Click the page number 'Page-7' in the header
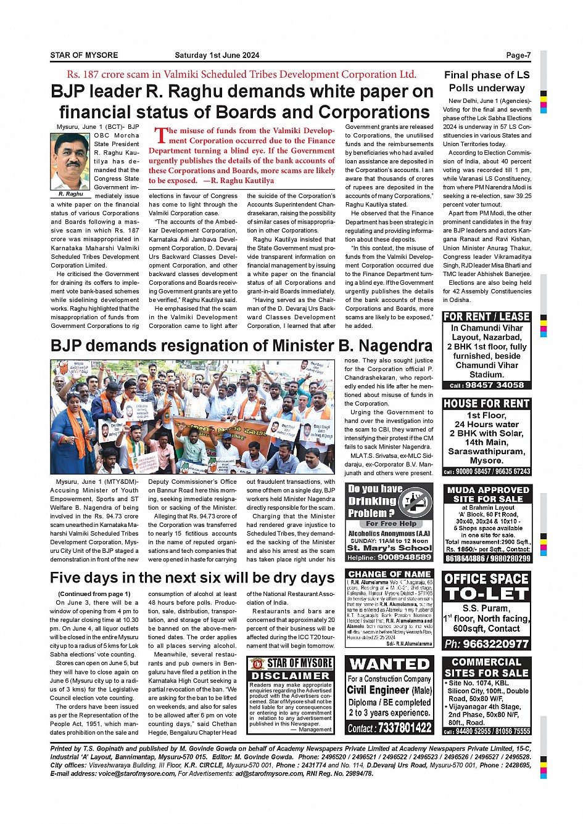(518, 55)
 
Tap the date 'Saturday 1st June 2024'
(217, 55)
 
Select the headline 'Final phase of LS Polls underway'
(487, 81)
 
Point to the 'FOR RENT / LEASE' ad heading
(487, 317)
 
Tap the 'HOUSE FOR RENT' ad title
(487, 404)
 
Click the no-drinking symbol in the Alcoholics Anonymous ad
(415, 502)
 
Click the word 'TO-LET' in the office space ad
(487, 594)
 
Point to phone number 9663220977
(487, 644)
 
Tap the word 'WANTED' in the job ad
(389, 664)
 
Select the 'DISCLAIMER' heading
(291, 676)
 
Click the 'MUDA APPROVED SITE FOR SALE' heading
(487, 494)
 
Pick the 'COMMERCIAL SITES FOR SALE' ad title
(487, 667)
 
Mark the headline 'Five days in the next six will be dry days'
(192, 578)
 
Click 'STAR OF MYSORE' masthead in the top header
(84, 55)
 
